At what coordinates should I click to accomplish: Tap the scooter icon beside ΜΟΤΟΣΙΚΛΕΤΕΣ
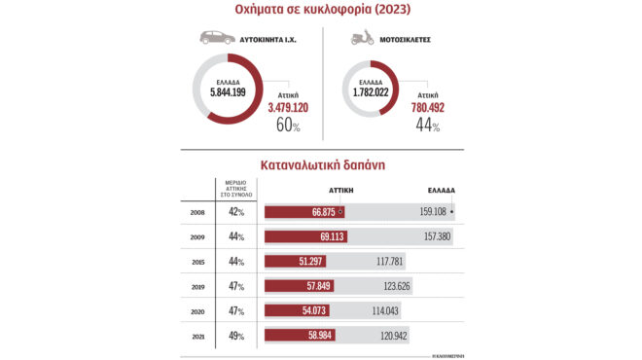361,39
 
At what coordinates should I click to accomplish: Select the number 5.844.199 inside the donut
227,90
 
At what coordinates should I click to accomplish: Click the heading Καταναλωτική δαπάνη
320,165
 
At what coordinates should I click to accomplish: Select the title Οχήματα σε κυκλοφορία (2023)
320,10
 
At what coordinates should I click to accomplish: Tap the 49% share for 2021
234,338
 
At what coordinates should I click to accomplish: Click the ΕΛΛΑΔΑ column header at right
442,191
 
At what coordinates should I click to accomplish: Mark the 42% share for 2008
234,211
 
